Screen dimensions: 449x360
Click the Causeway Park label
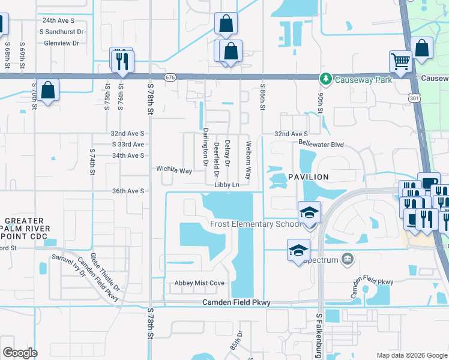tap(363, 79)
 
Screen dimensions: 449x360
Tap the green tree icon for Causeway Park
tap(325, 79)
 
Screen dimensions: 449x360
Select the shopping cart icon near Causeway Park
tap(400, 61)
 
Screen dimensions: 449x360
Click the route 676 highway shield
tap(171, 77)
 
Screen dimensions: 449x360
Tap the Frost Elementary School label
tap(255, 224)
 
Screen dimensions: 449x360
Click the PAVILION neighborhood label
tap(309, 177)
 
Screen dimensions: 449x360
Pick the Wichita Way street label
tap(174, 170)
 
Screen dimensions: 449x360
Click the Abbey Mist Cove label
tap(199, 283)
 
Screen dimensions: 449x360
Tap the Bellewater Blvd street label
tap(321, 144)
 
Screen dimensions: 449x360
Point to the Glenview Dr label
tap(59, 43)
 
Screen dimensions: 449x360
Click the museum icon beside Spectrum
tap(347, 259)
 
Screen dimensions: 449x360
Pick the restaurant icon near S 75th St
tap(122, 61)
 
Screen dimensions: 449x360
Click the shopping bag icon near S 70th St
tap(48, 91)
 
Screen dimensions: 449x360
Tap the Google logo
tap(20, 353)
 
